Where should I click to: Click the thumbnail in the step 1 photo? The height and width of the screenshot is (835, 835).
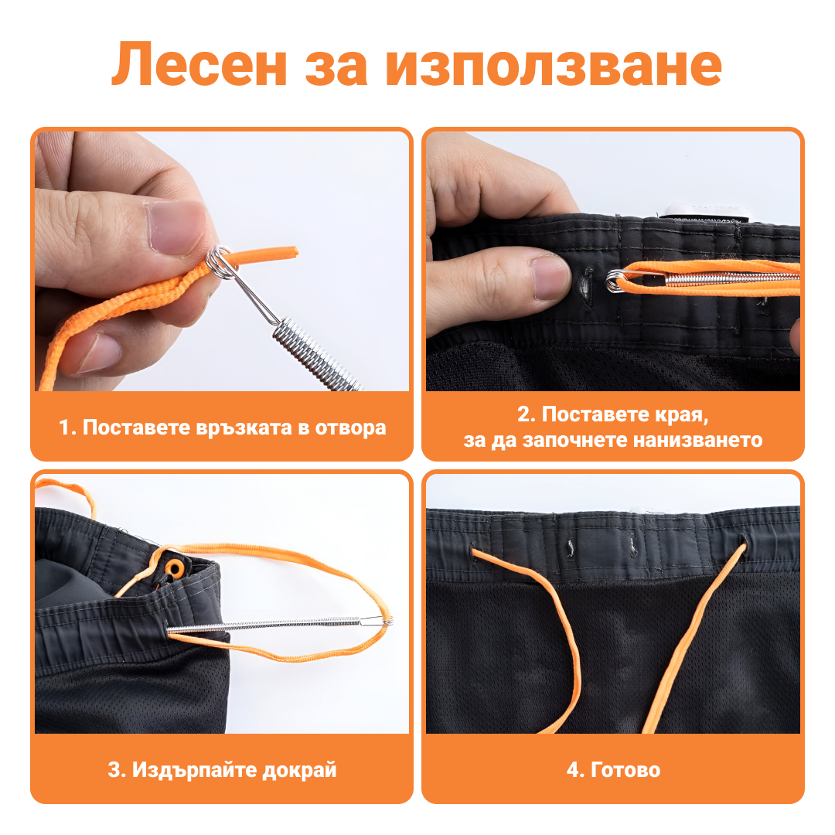click(175, 227)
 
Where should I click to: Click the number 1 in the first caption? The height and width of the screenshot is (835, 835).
click(65, 428)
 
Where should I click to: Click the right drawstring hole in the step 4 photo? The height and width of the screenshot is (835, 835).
click(744, 546)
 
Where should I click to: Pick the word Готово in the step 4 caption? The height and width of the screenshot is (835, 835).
click(625, 770)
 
